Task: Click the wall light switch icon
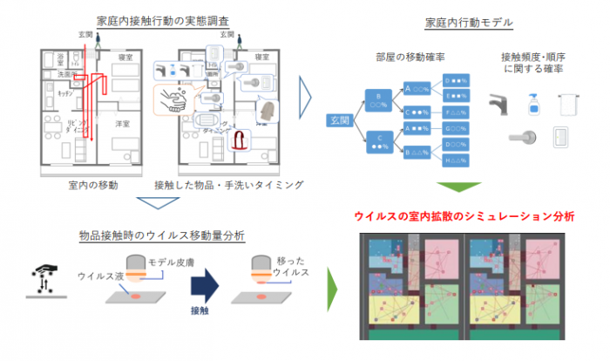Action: point(559,137)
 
